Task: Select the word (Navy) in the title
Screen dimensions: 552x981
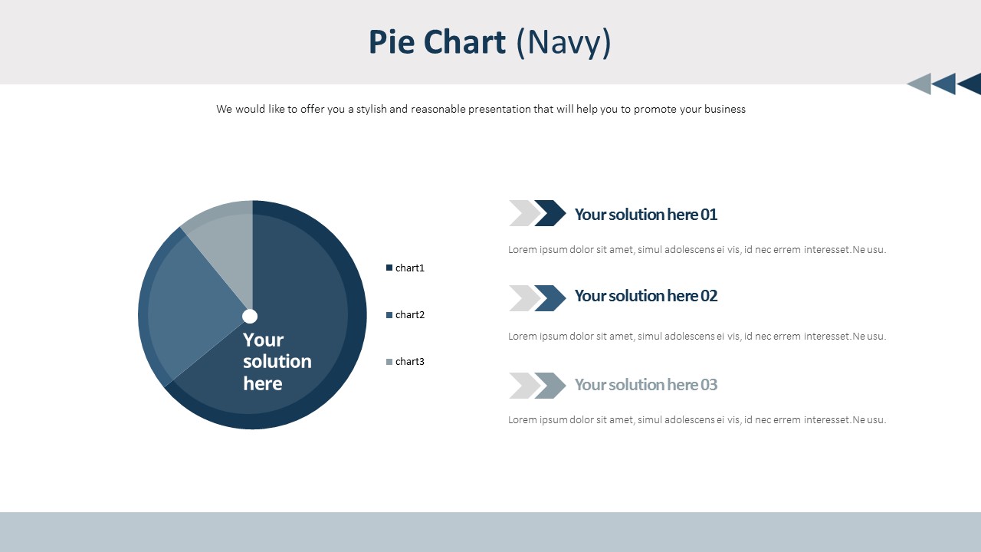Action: pos(563,42)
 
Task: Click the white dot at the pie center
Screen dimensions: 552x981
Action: pos(250,316)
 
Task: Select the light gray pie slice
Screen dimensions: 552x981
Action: pos(226,238)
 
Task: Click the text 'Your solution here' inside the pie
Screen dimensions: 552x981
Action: pos(277,361)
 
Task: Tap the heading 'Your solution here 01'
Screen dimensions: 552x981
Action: pos(645,214)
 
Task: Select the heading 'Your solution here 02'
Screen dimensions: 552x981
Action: pos(645,295)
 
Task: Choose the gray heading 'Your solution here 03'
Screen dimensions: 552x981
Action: pos(645,384)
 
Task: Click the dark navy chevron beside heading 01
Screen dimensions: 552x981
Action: pos(550,213)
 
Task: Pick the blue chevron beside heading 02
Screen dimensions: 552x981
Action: pos(550,298)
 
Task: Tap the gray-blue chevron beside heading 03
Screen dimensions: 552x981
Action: pos(550,386)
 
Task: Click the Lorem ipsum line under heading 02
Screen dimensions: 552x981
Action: pos(697,336)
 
